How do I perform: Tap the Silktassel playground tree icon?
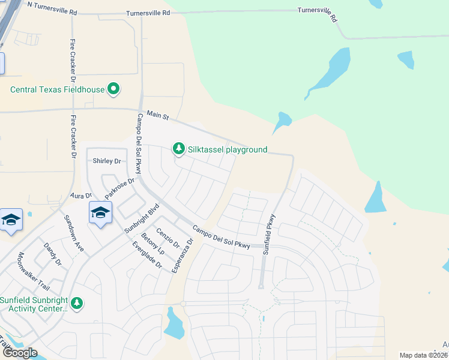pyautogui.click(x=178, y=148)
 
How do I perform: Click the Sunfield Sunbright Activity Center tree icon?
pyautogui.click(x=76, y=304)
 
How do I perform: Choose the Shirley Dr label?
pyautogui.click(x=107, y=161)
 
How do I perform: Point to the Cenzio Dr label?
pyautogui.click(x=168, y=238)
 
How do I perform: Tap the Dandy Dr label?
pyautogui.click(x=53, y=254)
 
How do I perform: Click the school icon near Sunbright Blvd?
pyautogui.click(x=101, y=212)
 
